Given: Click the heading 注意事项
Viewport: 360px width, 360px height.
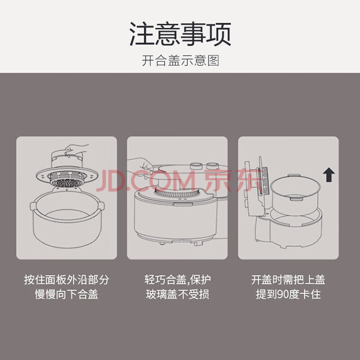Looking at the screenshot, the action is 180,34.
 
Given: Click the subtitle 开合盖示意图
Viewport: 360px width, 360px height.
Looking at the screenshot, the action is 180,61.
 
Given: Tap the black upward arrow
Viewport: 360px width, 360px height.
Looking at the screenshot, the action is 329,175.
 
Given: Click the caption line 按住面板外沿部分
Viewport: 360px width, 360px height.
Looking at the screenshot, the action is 66,279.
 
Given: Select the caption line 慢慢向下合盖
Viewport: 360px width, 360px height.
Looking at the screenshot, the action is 66,294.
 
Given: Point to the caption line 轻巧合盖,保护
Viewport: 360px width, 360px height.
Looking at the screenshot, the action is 177,279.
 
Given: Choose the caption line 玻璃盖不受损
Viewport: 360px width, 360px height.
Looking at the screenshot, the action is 177,294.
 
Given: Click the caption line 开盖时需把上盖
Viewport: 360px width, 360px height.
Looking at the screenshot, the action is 288,279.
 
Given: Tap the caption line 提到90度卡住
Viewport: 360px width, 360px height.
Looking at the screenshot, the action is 288,294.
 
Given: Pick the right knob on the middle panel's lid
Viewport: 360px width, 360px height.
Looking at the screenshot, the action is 212,166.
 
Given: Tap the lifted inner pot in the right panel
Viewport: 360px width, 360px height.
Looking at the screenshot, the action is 295,194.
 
